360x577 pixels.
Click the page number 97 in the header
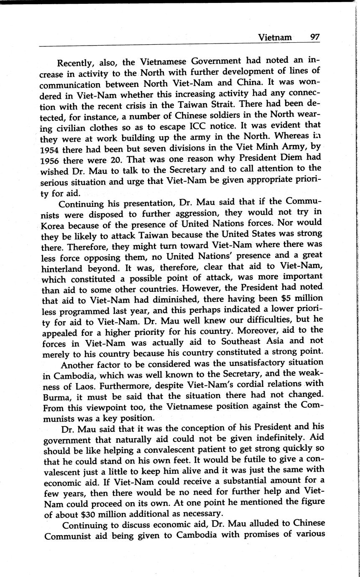(315, 37)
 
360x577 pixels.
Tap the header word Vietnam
(275, 37)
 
